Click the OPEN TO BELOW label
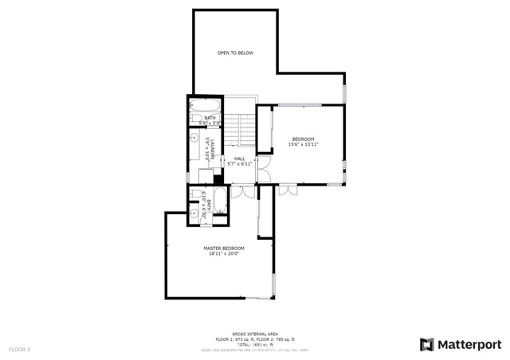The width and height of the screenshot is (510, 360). (235, 53)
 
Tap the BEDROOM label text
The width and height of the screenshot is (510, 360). (303, 139)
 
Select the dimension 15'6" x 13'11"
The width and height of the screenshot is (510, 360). (303, 145)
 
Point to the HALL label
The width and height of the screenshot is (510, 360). (240, 158)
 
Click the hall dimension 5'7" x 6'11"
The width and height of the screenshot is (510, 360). (240, 163)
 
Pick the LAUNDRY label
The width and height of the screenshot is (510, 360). (214, 148)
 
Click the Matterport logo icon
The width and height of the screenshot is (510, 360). (427, 344)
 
